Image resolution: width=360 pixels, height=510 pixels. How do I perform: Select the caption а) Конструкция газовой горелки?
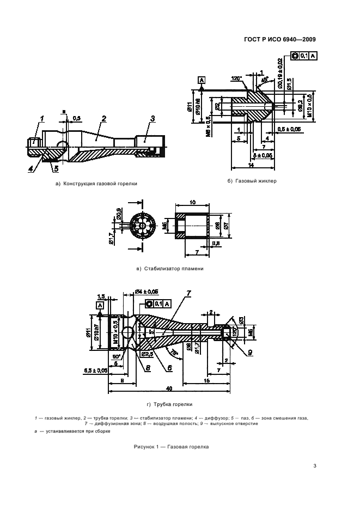96,184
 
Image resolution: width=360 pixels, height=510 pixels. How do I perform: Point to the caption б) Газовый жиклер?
252,180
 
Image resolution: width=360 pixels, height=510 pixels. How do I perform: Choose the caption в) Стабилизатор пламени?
170,269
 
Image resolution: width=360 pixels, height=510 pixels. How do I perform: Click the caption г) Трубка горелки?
170,404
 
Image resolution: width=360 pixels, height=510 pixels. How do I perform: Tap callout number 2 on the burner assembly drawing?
103,118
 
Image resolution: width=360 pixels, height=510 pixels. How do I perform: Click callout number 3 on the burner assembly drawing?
152,118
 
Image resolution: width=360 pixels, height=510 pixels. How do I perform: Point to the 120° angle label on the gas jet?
236,78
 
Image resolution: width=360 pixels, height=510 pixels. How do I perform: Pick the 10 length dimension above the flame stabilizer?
193,202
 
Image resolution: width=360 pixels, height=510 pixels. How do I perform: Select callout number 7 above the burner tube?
188,294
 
